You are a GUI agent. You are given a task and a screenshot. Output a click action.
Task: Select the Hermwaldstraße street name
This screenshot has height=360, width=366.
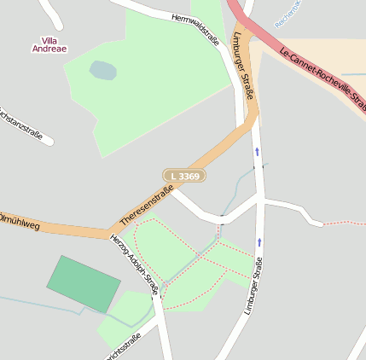tap(195, 29)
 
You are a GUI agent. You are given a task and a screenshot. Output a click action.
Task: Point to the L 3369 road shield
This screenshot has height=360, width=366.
tap(184, 176)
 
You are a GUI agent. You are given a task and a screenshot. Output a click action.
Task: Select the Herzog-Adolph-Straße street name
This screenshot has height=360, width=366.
tap(135, 264)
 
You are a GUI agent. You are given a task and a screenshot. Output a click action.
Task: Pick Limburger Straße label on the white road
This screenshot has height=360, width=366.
tap(249, 290)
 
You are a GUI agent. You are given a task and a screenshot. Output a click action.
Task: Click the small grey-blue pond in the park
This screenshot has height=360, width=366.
tap(102, 70)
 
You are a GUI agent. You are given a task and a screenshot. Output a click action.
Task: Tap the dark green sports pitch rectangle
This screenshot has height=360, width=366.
tap(84, 284)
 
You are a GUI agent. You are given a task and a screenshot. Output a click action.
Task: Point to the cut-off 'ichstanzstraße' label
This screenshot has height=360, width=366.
tap(21, 124)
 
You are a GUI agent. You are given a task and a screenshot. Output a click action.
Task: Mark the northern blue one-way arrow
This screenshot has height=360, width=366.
tap(257, 153)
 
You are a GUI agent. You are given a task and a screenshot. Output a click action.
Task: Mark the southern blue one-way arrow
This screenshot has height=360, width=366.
tap(259, 242)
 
